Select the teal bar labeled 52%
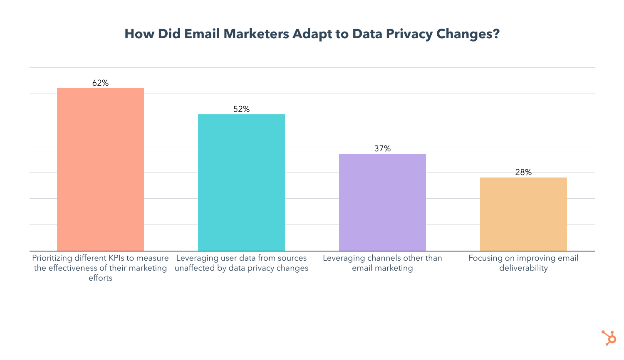click(241, 182)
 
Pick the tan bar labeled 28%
click(523, 214)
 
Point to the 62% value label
click(100, 83)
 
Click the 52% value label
click(241, 109)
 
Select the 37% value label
click(382, 149)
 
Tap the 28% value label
click(523, 173)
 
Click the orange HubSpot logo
click(609, 338)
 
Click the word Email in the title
click(202, 34)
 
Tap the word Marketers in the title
click(256, 34)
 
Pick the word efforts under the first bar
click(100, 278)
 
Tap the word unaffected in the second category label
click(195, 268)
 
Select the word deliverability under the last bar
click(523, 268)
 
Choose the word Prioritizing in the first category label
click(52, 258)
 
